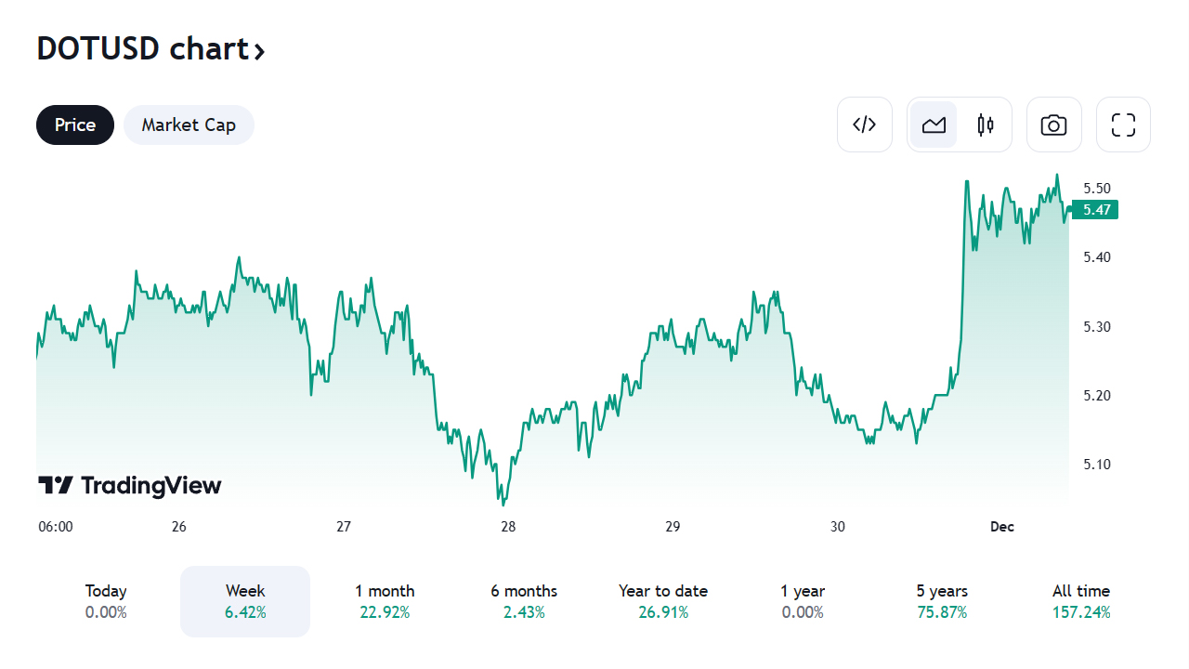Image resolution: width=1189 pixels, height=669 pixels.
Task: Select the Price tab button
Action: click(x=75, y=125)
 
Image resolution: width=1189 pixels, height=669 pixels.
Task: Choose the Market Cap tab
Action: click(x=189, y=125)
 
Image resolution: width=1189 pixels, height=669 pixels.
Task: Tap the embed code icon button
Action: click(x=865, y=125)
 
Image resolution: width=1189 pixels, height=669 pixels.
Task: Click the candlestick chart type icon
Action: click(x=986, y=125)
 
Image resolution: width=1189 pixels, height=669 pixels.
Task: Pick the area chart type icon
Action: click(x=934, y=125)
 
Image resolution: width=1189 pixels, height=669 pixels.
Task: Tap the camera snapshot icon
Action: click(x=1053, y=125)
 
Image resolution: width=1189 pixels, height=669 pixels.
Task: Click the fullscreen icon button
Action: click(x=1124, y=125)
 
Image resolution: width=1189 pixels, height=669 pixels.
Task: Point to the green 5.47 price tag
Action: click(x=1095, y=210)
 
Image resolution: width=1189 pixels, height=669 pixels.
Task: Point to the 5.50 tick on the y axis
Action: click(x=1097, y=188)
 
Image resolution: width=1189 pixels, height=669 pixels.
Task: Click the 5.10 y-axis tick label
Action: click(x=1097, y=465)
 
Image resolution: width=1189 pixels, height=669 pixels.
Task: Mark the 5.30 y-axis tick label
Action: click(x=1097, y=327)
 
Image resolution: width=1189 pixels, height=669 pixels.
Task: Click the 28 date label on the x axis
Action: click(x=508, y=527)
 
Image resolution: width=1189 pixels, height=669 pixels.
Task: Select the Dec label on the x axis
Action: click(x=1001, y=527)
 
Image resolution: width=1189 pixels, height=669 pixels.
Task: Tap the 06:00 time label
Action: click(x=56, y=527)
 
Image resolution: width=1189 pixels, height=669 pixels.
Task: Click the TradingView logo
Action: click(x=130, y=485)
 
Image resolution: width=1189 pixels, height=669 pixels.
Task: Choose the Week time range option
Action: click(x=245, y=601)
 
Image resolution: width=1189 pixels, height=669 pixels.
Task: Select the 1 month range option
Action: click(x=385, y=601)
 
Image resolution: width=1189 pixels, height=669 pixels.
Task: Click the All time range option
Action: click(x=1080, y=601)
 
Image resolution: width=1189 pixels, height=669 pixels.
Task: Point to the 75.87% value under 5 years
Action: click(x=942, y=612)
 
